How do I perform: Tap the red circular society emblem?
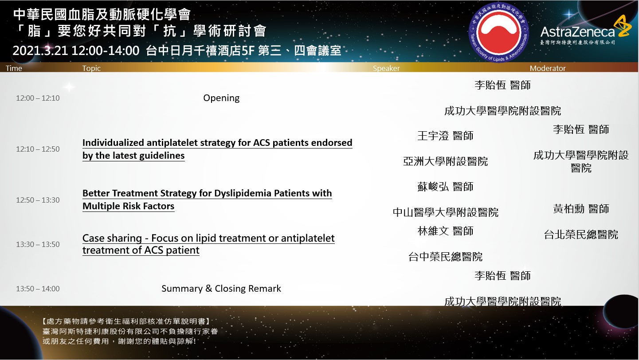pos(498,32)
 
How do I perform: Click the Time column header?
pos(14,68)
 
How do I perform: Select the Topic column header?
pos(91,68)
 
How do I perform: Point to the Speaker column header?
pos(386,68)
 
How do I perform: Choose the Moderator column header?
pos(547,68)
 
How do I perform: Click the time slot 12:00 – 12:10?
pos(38,98)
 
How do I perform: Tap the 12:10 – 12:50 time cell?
pos(38,149)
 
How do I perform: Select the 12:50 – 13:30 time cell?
pos(38,200)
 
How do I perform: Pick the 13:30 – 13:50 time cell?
pos(38,244)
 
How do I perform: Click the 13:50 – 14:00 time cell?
pos(38,289)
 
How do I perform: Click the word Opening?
pos(221,98)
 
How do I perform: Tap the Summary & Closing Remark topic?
pos(221,289)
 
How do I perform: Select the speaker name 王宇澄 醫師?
pos(445,136)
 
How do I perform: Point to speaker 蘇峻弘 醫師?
pos(445,187)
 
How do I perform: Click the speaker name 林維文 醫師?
pos(445,231)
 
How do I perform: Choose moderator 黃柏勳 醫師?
pos(581,209)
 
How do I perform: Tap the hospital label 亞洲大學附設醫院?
pos(445,161)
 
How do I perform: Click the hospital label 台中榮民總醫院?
pos(445,257)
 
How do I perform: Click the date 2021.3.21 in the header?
pos(40,51)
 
